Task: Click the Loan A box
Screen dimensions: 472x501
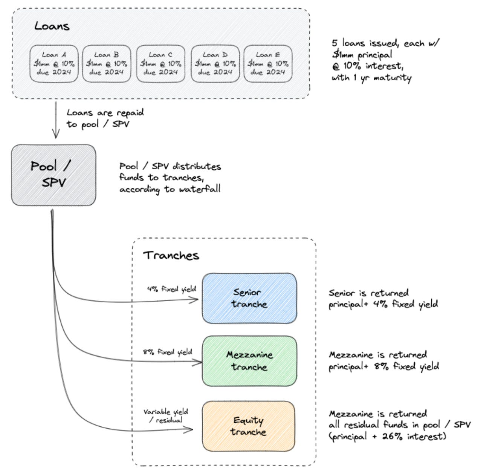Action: tap(54, 64)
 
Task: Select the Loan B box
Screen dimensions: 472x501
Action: tap(107, 64)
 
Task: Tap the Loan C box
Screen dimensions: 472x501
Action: tap(160, 64)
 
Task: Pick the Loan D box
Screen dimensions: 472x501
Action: tap(215, 64)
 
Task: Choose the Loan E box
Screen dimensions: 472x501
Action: tap(268, 64)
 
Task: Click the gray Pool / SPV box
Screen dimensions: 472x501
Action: tap(53, 175)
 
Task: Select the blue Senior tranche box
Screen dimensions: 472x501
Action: tap(249, 298)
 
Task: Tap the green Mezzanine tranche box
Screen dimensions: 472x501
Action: tap(249, 361)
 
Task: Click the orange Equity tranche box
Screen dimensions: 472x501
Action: tap(249, 426)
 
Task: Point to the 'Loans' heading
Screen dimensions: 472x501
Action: tap(52, 26)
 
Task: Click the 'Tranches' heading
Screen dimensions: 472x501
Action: tap(171, 255)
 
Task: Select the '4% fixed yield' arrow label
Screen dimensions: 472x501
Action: tap(171, 289)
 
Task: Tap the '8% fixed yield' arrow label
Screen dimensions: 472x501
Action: tap(167, 352)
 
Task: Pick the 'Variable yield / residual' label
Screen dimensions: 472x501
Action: tap(166, 416)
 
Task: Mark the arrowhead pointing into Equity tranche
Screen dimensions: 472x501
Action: tap(189, 429)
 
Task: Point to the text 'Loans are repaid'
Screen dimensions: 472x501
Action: tap(105, 113)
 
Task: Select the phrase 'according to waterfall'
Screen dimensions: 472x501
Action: tap(170, 189)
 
